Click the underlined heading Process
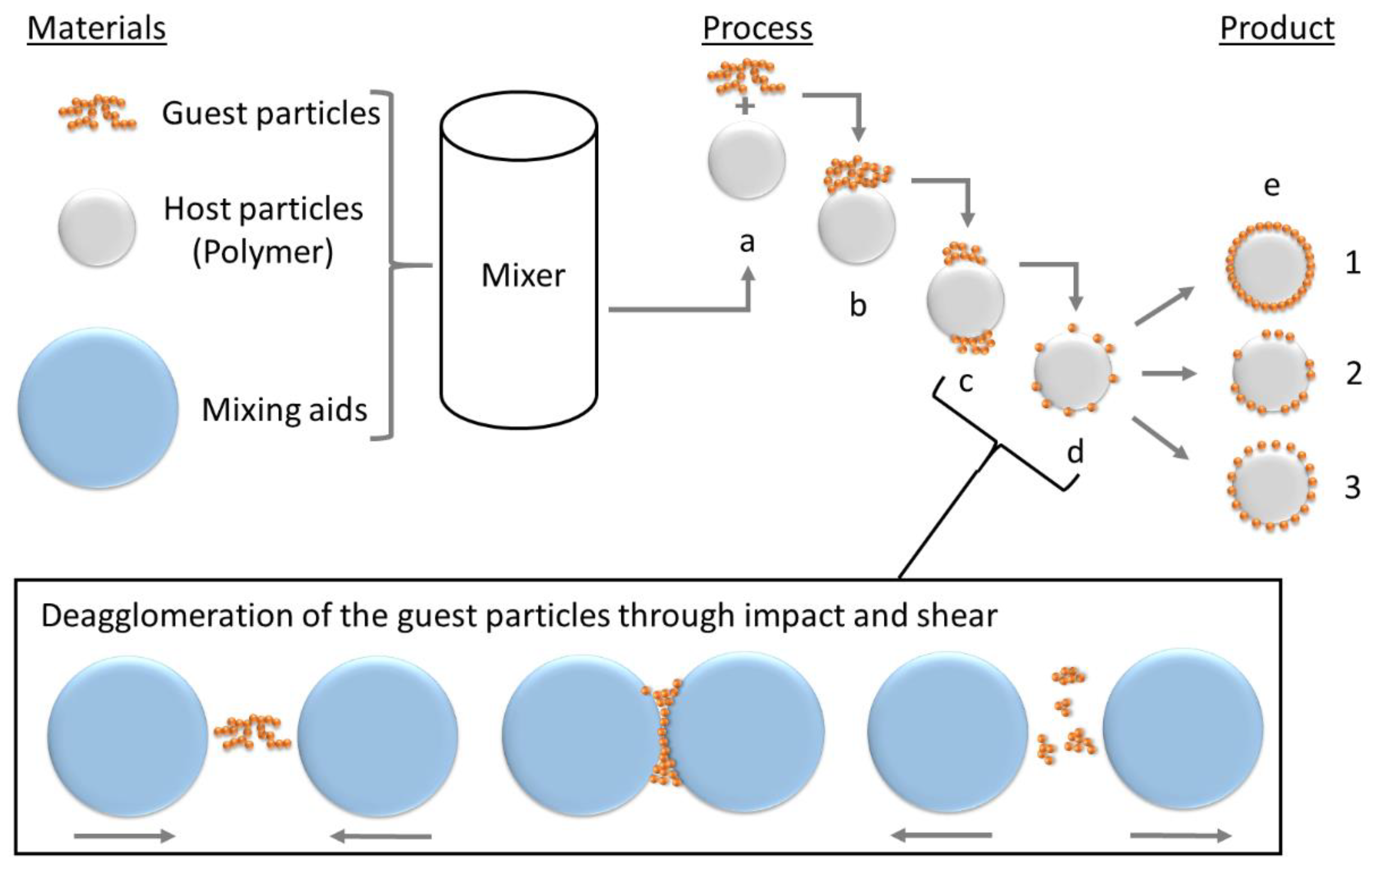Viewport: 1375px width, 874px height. (x=757, y=29)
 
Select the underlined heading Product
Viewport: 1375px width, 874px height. (x=1277, y=29)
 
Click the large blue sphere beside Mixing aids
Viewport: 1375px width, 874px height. (x=98, y=408)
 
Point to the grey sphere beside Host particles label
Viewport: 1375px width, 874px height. (x=97, y=228)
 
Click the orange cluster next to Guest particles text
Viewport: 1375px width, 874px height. (x=97, y=113)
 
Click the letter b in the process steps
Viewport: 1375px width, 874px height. (x=858, y=306)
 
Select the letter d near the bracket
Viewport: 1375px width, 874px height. (x=1075, y=452)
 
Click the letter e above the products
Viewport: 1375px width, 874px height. (x=1272, y=186)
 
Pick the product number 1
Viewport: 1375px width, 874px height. (x=1353, y=264)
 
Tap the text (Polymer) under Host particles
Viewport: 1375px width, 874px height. (x=262, y=252)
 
